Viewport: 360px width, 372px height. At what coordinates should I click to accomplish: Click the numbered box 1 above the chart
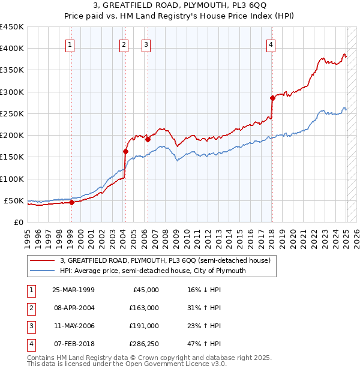tap(70, 44)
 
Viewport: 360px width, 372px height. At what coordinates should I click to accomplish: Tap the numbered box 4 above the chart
tap(271, 44)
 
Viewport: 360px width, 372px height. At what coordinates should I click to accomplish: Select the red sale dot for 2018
tap(272, 98)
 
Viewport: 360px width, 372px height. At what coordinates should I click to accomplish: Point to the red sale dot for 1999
tap(71, 202)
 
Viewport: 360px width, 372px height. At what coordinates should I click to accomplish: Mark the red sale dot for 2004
tap(125, 151)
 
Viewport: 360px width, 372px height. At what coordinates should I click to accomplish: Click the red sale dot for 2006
tap(148, 139)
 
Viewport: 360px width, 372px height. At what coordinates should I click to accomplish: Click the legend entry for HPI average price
tap(153, 271)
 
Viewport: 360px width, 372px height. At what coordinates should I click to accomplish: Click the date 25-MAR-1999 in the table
tap(73, 290)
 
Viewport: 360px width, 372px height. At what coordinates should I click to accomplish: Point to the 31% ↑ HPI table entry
tap(204, 308)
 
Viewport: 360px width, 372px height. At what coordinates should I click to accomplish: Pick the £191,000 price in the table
tap(144, 326)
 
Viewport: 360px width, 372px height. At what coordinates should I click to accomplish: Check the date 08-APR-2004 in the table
tap(73, 308)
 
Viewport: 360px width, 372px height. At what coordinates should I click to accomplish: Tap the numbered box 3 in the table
tap(29, 326)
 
